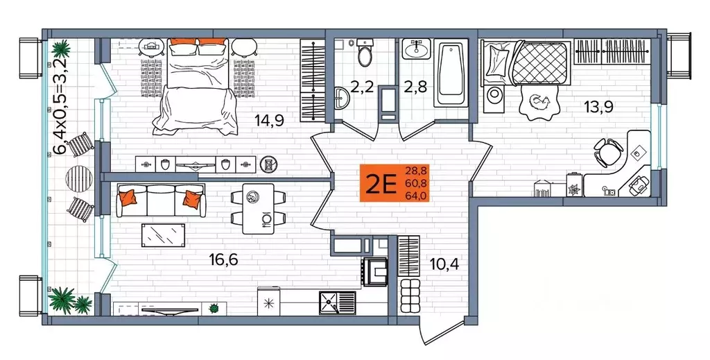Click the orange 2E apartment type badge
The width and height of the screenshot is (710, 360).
tap(379, 183)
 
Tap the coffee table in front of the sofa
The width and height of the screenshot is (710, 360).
tap(164, 234)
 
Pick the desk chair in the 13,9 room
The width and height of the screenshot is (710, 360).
tap(608, 150)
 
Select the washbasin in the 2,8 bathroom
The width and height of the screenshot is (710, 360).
tap(416, 49)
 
